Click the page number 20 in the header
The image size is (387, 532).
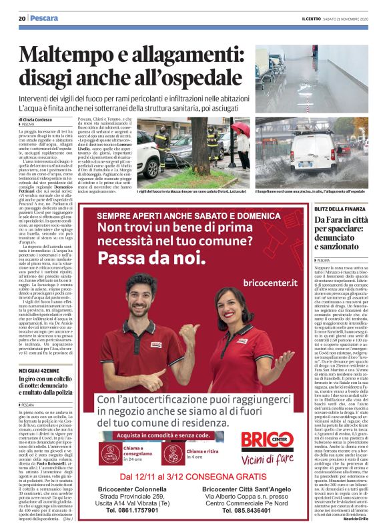(21, 18)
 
